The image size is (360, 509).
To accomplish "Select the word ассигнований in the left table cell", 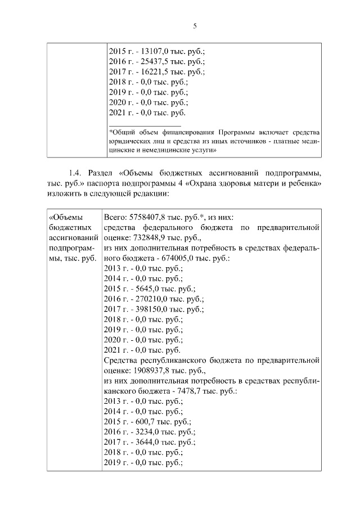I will pos(70,238).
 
